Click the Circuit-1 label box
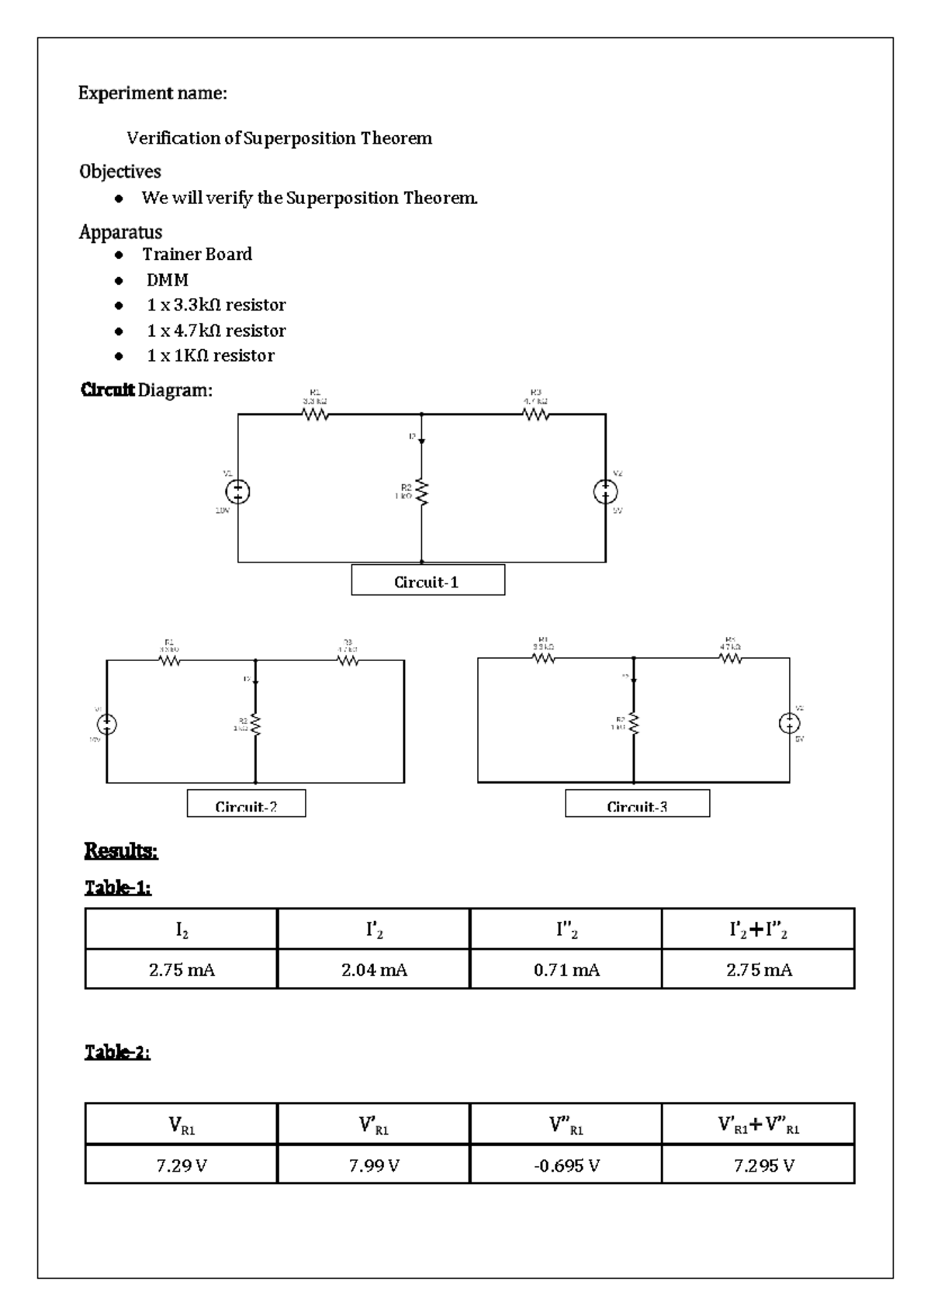[x=427, y=580]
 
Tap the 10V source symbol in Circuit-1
[x=237, y=491]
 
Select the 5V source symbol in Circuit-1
[x=606, y=491]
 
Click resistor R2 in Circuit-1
[x=422, y=492]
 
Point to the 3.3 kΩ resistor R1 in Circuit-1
[x=315, y=414]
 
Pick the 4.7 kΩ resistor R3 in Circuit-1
[x=536, y=414]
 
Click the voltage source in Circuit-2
[x=106, y=724]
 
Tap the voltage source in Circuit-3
[x=790, y=723]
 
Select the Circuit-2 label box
[x=246, y=804]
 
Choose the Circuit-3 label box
[x=637, y=804]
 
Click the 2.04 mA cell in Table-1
[x=374, y=970]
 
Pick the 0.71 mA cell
[x=566, y=970]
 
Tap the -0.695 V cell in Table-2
[x=566, y=1165]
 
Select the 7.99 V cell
[x=374, y=1165]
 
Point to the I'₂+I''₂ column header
[x=759, y=930]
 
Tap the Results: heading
[x=121, y=851]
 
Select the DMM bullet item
[x=168, y=280]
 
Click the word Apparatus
[x=121, y=232]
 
